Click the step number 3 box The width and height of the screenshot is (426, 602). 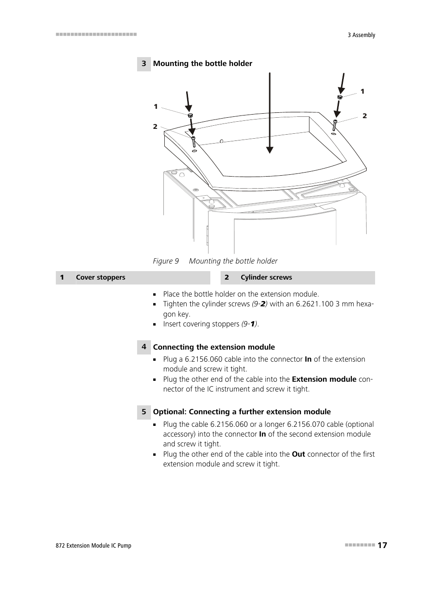(x=144, y=64)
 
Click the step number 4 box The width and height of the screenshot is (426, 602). (x=144, y=347)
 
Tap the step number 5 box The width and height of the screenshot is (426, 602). (x=144, y=412)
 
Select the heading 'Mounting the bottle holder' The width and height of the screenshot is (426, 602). (x=203, y=64)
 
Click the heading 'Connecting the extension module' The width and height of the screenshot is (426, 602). (x=214, y=347)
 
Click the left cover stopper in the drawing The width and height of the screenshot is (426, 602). (x=190, y=115)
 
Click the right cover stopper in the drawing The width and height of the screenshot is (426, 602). (x=340, y=97)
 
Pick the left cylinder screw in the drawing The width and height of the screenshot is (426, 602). (x=193, y=142)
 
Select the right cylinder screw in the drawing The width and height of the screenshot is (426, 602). (x=334, y=125)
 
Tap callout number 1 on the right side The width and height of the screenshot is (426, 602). (x=363, y=91)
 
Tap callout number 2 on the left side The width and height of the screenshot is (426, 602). (x=155, y=127)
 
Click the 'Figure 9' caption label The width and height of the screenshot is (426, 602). (x=166, y=261)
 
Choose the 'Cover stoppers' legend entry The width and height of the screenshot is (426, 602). (x=100, y=277)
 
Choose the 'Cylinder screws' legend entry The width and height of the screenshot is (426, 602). (x=266, y=277)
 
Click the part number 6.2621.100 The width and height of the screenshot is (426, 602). (x=314, y=304)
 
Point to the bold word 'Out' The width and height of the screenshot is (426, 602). (x=298, y=454)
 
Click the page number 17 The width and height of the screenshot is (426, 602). (x=382, y=545)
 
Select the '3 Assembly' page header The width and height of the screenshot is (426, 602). (x=361, y=35)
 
